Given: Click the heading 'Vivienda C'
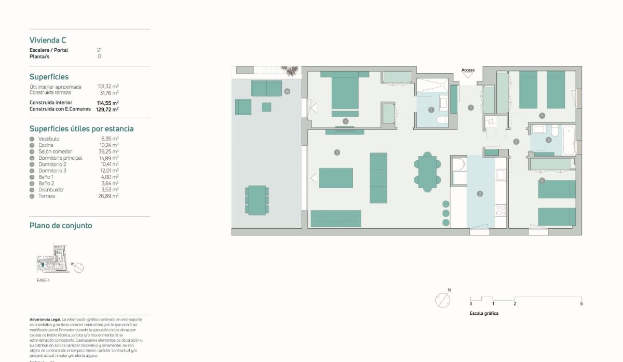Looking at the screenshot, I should coord(48,40).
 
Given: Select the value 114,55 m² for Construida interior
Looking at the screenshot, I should coord(108,103).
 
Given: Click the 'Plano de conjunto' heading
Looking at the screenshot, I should coord(61,226).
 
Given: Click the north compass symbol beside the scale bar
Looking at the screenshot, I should coord(443,300).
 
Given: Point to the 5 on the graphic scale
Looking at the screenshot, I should coord(581,304).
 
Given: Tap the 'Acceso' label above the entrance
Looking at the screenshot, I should coord(468,70).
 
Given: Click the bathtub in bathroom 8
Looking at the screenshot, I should coord(569,140).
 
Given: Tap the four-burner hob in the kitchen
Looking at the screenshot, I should coord(500,210).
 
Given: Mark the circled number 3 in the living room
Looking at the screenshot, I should coord(337,152).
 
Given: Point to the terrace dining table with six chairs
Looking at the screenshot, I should coord(257,200).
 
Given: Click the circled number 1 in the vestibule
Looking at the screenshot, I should coord(471,108).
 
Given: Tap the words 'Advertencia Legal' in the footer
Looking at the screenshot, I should coord(45,319).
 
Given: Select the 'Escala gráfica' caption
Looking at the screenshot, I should coord(484,313).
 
